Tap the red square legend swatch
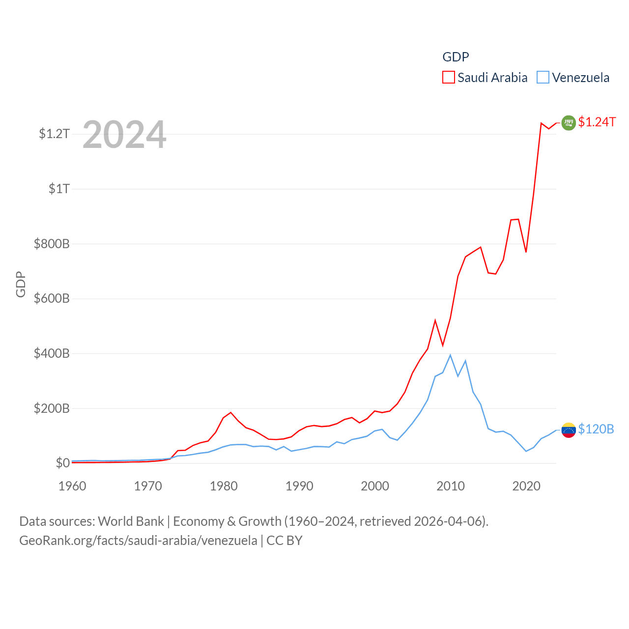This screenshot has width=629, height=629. [x=448, y=78]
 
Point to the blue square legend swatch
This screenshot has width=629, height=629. [x=543, y=78]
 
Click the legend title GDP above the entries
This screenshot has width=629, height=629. [x=456, y=57]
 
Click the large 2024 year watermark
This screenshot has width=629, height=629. [x=124, y=135]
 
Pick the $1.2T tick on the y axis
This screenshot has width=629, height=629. [x=54, y=134]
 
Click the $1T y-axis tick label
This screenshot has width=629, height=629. [x=59, y=189]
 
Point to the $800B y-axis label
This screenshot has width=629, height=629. [x=52, y=244]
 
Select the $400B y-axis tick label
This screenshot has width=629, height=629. [x=52, y=353]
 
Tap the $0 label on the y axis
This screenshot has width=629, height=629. [x=62, y=463]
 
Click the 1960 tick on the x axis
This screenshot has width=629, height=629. [x=72, y=486]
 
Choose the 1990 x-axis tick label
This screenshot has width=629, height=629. [x=299, y=486]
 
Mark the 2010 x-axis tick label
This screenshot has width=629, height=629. [x=451, y=486]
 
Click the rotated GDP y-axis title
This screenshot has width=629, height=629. [x=21, y=284]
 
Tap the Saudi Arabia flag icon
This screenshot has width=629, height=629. [x=569, y=122]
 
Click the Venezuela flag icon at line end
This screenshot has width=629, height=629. [x=569, y=430]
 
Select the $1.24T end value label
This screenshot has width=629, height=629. [x=597, y=122]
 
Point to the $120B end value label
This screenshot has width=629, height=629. [x=596, y=429]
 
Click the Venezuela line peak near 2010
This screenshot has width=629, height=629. [x=450, y=355]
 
